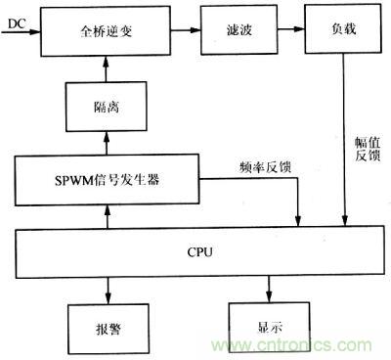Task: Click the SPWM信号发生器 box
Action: pos(107,180)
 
